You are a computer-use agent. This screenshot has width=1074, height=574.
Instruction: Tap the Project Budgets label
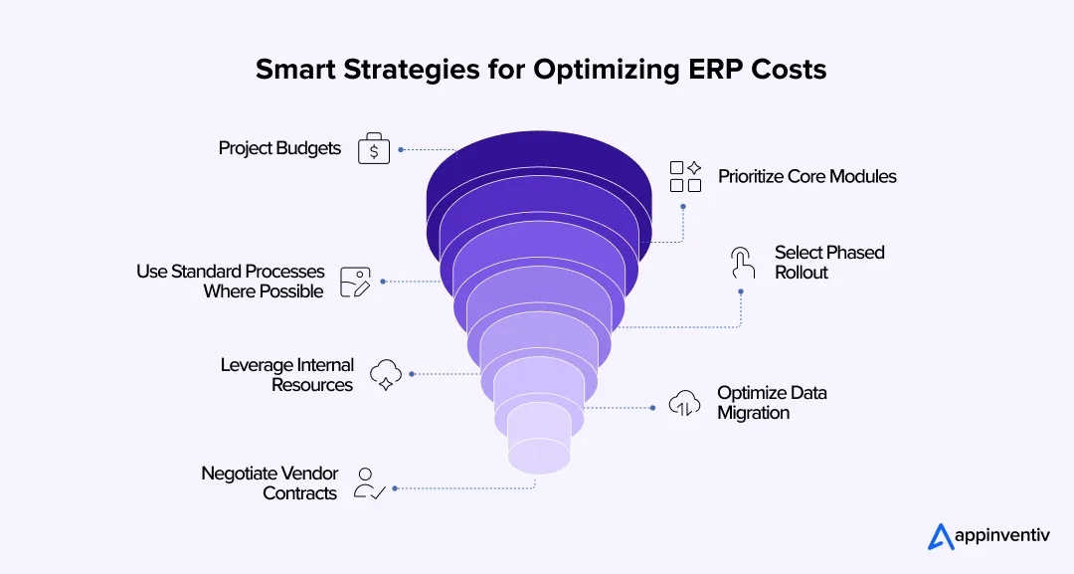(279, 149)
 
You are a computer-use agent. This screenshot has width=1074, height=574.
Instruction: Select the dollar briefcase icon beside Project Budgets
(374, 149)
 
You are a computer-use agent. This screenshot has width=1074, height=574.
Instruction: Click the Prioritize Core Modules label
(807, 177)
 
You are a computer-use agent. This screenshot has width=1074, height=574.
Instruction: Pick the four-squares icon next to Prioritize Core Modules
(685, 176)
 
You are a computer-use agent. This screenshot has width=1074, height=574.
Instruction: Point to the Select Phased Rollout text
(829, 263)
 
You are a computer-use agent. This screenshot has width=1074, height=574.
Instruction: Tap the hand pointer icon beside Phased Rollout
(741, 263)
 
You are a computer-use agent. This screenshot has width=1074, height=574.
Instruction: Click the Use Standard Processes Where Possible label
(231, 282)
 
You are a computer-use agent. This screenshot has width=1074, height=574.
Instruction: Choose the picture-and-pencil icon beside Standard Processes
(355, 282)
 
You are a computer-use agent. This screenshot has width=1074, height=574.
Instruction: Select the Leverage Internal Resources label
(287, 375)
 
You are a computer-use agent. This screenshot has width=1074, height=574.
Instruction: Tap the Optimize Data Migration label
(772, 403)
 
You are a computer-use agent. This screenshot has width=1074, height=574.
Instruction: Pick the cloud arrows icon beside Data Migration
(683, 402)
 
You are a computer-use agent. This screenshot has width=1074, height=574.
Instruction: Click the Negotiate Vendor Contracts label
(270, 483)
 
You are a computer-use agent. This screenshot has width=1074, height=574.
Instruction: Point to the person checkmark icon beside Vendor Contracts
(369, 483)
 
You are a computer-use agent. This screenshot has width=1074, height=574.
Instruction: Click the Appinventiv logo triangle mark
(941, 537)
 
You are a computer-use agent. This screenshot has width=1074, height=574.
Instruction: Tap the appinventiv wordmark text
(1002, 538)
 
